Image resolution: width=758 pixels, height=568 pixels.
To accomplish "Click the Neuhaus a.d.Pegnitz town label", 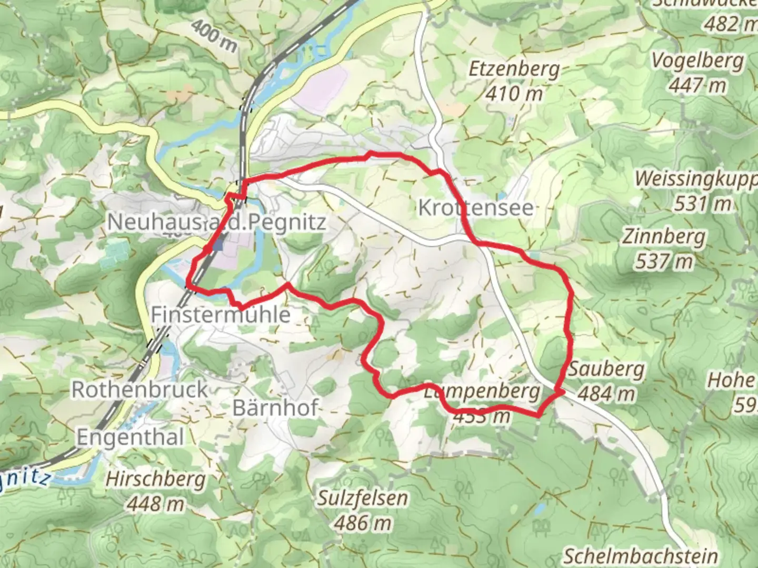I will point(216,222).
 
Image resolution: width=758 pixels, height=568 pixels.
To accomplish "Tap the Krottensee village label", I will point(475,208).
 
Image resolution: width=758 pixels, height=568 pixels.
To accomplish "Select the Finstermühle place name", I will point(221,315).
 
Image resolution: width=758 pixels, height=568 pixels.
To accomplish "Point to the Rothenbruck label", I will point(140,390).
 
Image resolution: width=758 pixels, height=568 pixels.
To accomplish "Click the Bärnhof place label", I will point(275,408).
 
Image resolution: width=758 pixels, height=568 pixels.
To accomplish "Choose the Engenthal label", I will point(131,437).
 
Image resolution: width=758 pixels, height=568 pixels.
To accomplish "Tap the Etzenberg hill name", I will point(514,69).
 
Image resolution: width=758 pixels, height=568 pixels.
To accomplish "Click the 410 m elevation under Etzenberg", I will point(514,94).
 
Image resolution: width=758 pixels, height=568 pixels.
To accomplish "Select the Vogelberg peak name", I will point(697,61).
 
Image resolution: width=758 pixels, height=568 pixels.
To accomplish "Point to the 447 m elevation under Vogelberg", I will point(697,85).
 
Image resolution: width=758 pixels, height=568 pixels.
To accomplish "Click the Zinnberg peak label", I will point(664,237).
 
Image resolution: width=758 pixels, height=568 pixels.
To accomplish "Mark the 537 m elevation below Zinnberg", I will point(664,261).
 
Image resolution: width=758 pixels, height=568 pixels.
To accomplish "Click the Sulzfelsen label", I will point(362,499).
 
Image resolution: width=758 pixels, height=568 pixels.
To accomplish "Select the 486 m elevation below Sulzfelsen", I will point(362,523).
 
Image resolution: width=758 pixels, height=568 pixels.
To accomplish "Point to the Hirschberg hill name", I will point(155,480).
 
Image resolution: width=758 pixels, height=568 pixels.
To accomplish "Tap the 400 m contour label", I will point(214,36).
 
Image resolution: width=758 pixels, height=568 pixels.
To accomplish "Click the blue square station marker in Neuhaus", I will point(218,244).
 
